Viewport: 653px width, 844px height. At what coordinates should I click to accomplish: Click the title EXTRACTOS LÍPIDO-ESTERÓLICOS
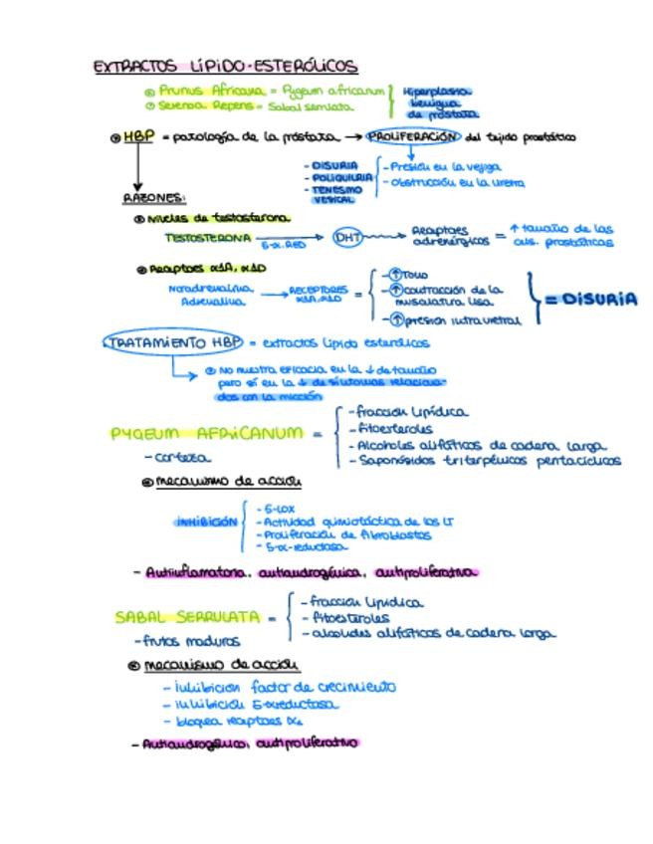[x=225, y=67]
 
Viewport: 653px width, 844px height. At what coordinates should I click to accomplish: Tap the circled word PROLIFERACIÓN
[x=413, y=137]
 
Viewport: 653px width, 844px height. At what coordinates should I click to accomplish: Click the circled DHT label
[x=347, y=238]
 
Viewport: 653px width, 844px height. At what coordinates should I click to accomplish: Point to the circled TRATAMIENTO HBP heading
[x=173, y=342]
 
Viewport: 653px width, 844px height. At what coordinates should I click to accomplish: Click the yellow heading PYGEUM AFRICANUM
[x=206, y=434]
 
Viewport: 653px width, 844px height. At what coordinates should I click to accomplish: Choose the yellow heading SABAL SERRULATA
[x=187, y=617]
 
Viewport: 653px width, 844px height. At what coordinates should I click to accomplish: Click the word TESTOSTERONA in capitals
[x=208, y=239]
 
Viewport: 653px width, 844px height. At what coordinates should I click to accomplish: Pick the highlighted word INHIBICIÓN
[x=207, y=522]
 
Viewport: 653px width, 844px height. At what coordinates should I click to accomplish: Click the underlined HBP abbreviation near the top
[x=138, y=137]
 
